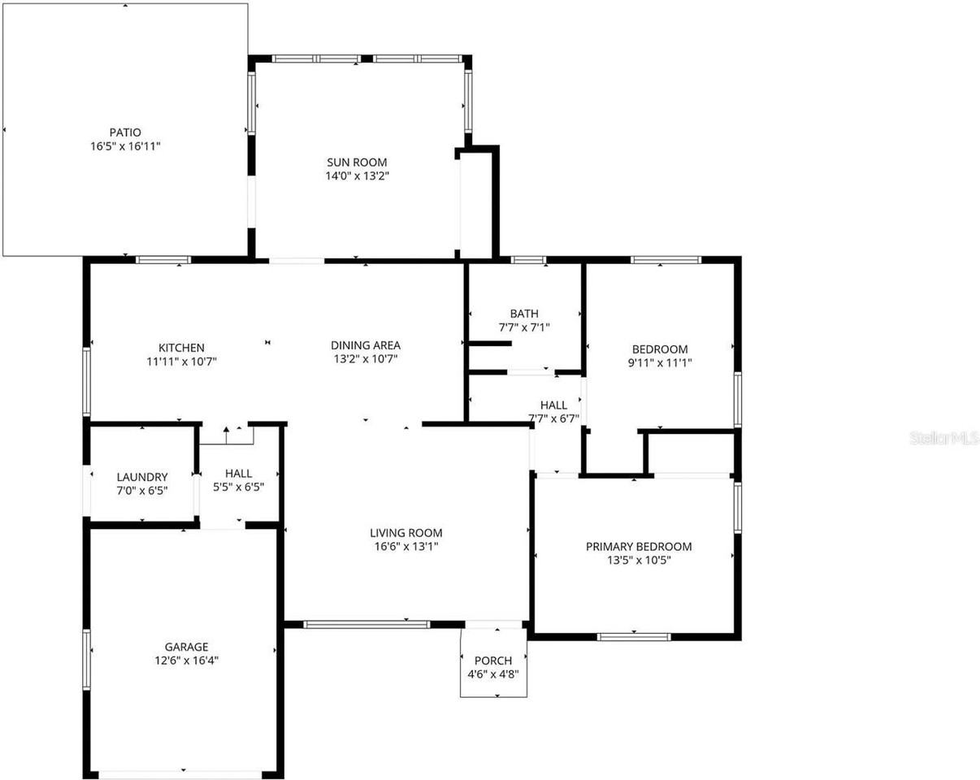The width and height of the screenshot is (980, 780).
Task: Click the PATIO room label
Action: [x=125, y=132]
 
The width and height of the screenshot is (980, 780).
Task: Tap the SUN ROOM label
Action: [x=357, y=162]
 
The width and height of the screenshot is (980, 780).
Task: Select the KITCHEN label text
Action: [x=181, y=348]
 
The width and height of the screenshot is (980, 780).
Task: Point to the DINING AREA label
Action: [x=366, y=344]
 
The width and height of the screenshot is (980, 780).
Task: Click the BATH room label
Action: [x=524, y=314]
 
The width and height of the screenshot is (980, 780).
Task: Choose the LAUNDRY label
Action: [x=142, y=477]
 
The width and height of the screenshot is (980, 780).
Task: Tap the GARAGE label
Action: [x=186, y=647]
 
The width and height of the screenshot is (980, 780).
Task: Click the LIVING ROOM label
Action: [x=406, y=533]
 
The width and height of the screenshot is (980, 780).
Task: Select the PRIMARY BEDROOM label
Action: [x=639, y=547]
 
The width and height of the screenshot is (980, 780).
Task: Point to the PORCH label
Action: [x=492, y=661]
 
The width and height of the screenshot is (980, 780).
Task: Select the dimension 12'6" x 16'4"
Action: [x=186, y=661]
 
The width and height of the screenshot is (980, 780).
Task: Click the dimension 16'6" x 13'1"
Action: [x=406, y=547]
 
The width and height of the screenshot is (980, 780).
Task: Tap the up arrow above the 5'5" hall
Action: [x=227, y=430]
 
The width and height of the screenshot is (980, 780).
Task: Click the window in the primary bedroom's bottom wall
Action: [x=634, y=637]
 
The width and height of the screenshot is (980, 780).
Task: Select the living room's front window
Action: [x=366, y=624]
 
